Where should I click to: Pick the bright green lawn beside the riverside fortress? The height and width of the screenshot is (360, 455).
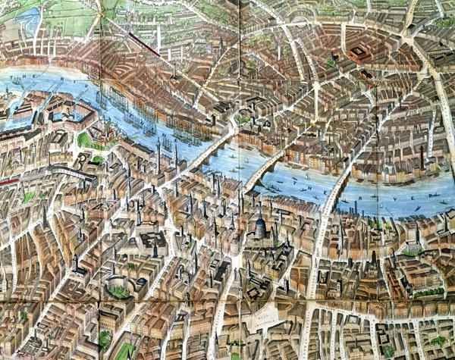88,141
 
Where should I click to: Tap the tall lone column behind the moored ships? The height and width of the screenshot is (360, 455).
174,72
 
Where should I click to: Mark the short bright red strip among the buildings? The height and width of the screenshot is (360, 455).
6,182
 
